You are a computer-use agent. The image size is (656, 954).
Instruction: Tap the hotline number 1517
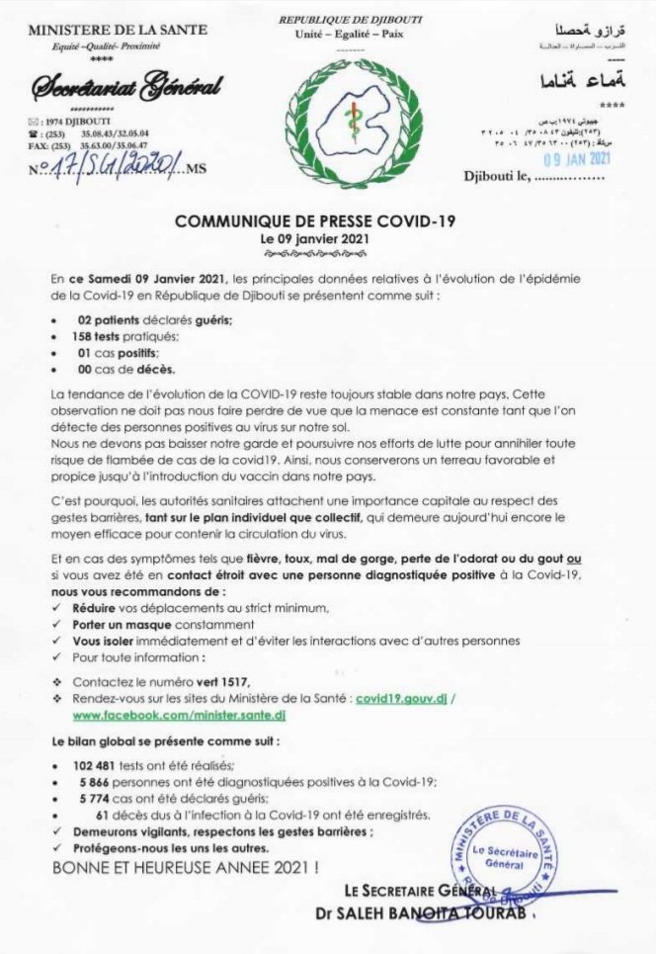[221, 681]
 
